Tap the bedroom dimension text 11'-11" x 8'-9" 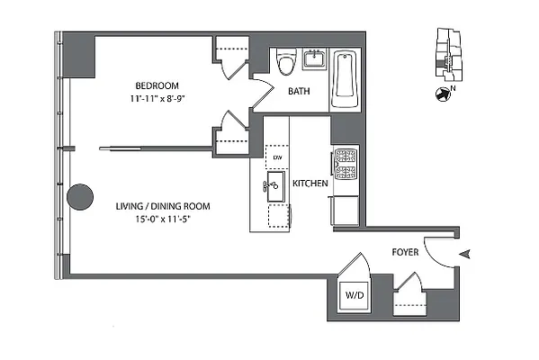click(156, 92)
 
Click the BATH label click(300, 92)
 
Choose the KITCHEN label click(310, 184)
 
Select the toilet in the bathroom click(286, 62)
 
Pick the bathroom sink click(316, 59)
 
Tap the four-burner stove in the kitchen click(346, 164)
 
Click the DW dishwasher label click(277, 157)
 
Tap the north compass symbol click(442, 94)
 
